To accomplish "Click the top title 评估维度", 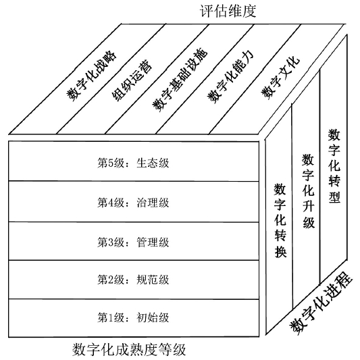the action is tap(228, 11).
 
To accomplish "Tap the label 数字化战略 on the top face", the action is tap(91, 76).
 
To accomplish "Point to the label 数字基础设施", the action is tap(180, 80).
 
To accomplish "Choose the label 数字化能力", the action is tap(231, 76).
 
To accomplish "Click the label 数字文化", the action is tap(280, 77).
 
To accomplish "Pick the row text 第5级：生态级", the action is tap(133, 163).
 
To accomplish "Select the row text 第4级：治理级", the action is tap(133, 203).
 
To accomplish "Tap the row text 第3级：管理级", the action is tap(133, 242).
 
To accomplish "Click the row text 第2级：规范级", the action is tap(133, 280).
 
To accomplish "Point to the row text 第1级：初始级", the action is tap(133, 317).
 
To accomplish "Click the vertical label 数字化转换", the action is tap(280, 220).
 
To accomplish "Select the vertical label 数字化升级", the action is tap(308, 191).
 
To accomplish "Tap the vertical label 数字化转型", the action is tap(334, 165).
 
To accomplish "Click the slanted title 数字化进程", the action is tap(321, 303).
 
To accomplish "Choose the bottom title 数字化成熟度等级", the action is tap(129, 349).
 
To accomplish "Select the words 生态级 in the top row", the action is tap(153, 163).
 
